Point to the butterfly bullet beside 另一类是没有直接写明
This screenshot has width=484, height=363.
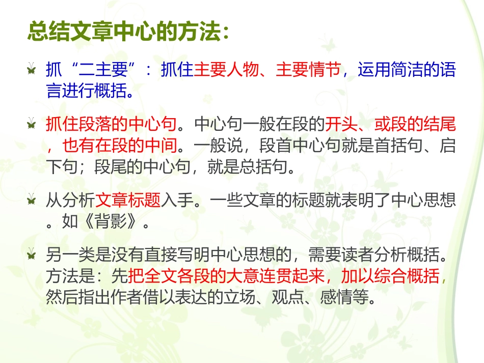[x=32, y=254]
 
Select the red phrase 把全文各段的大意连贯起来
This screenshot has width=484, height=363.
[x=226, y=276]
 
